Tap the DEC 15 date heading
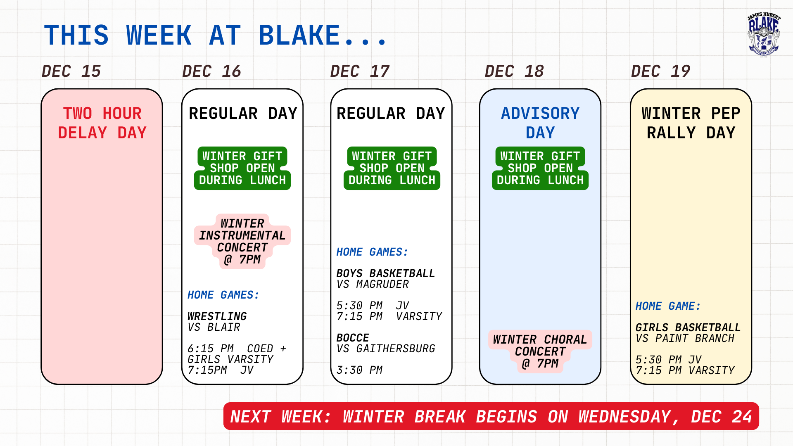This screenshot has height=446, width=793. [71, 71]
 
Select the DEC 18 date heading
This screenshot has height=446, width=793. [514, 71]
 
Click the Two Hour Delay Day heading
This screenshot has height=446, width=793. [102, 123]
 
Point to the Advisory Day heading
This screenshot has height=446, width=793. [540, 123]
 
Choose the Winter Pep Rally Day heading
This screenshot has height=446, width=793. [691, 123]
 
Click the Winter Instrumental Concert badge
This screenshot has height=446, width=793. [242, 242]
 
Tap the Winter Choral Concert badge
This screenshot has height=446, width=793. [540, 351]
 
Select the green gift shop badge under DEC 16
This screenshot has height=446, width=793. [242, 168]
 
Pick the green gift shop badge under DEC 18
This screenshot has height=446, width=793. [540, 168]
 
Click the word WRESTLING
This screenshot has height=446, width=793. [217, 316]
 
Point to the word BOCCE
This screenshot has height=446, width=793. [353, 338]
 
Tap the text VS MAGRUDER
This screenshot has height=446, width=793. [373, 284]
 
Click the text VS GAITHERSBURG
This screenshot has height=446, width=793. [386, 349]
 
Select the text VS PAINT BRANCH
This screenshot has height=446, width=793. [685, 338]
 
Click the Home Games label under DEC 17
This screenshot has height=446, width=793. [372, 252]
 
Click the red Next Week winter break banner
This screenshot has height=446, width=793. [491, 416]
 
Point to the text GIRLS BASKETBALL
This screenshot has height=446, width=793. [688, 327]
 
